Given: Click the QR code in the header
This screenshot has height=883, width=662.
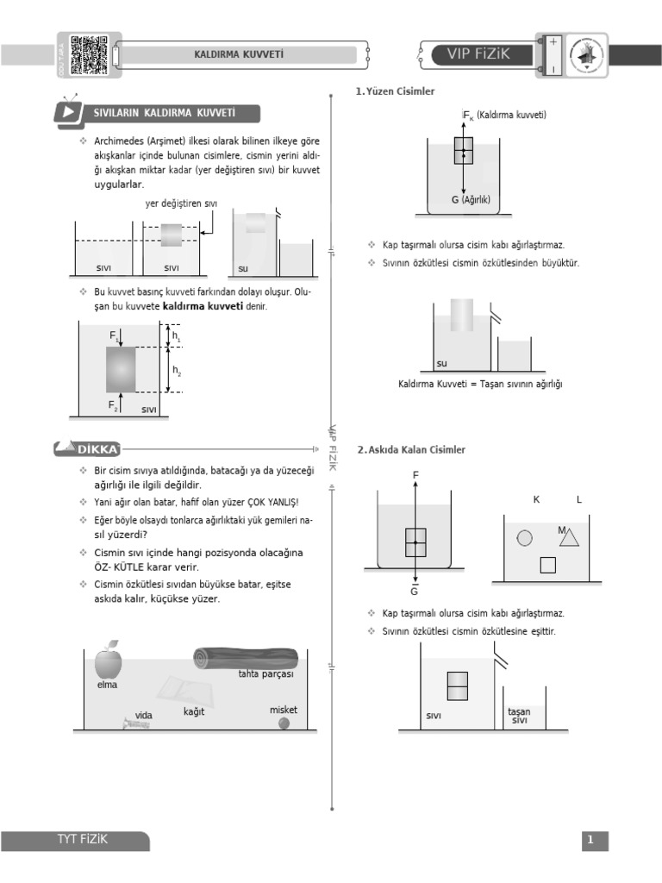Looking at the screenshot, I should click(89, 54).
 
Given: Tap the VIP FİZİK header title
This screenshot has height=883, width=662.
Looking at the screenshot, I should click(478, 54).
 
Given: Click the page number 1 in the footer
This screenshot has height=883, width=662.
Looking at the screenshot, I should click(590, 840).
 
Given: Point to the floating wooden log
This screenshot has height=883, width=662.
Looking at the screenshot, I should click(246, 658).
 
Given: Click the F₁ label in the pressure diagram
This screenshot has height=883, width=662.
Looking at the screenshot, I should click(114, 334).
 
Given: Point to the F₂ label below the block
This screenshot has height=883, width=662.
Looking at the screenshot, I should click(113, 404).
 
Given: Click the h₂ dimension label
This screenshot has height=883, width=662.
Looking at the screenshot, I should click(177, 371).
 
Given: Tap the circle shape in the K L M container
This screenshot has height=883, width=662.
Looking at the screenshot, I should click(524, 538).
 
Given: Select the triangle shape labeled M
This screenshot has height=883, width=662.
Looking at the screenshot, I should click(568, 538).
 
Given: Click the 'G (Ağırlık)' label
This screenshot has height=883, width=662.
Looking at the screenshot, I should click(470, 199).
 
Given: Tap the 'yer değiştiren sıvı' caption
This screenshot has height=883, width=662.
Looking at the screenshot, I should click(182, 204).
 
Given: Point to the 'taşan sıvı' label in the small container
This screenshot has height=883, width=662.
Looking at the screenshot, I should click(519, 716).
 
